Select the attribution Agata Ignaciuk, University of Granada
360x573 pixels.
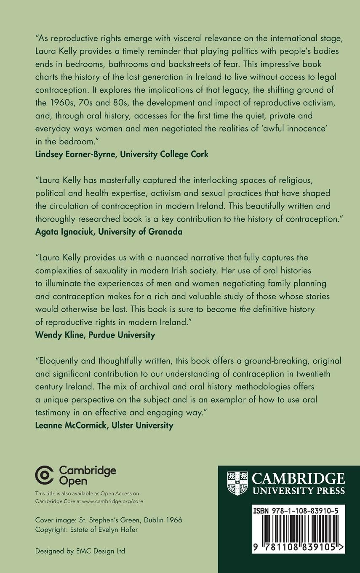coord(109,232)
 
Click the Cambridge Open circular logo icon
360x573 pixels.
coord(45,476)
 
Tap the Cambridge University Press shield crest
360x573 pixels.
coord(237,483)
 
